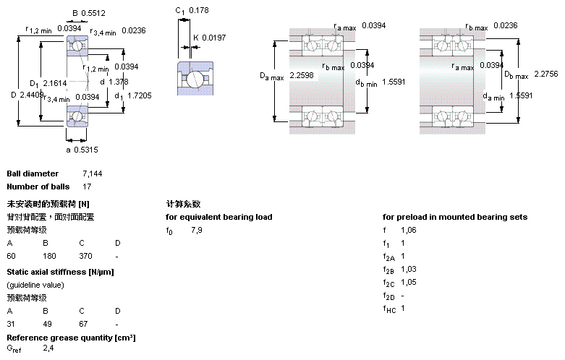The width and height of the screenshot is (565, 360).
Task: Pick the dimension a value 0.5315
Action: (x=86, y=150)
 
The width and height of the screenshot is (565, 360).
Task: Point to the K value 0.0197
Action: (x=214, y=37)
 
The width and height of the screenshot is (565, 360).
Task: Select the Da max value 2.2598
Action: (x=301, y=75)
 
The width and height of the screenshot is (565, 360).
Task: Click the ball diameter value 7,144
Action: (x=92, y=174)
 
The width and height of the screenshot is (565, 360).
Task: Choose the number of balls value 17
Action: (x=88, y=187)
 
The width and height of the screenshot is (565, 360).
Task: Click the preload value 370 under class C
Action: (x=85, y=256)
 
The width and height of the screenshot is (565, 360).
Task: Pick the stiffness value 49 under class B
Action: (x=47, y=322)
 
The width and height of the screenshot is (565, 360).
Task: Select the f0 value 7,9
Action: (x=197, y=230)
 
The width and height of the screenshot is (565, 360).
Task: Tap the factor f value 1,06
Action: (x=408, y=230)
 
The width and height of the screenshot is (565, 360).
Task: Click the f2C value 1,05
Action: (x=408, y=282)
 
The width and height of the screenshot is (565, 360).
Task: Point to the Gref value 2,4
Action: (x=48, y=349)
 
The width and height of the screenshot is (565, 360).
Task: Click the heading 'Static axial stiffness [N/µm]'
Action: (x=60, y=272)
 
